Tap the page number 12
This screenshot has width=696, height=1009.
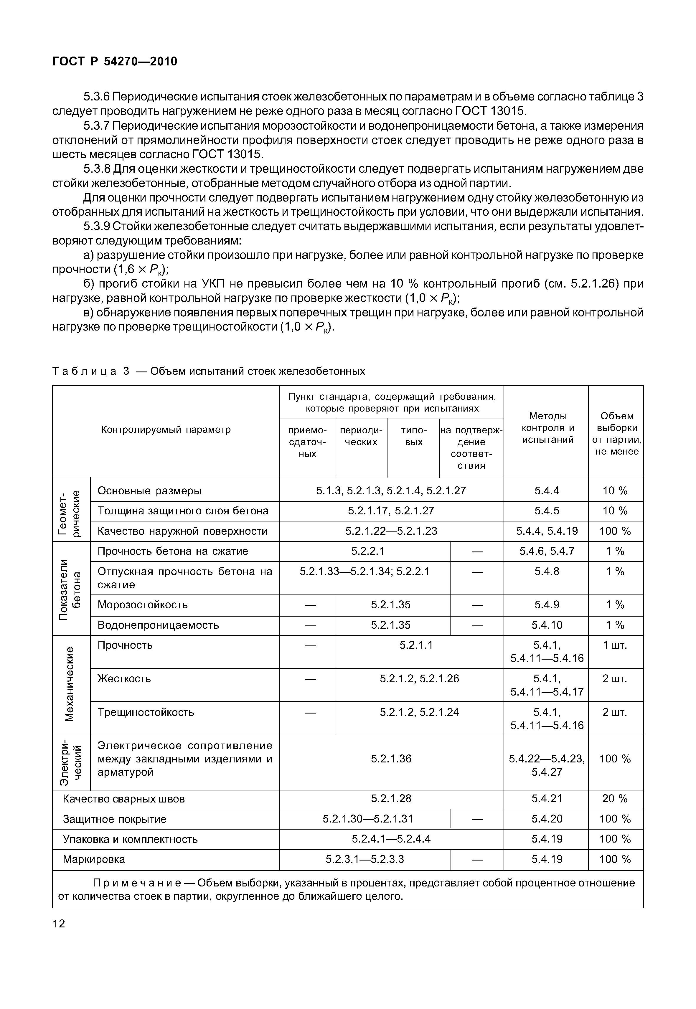[x=59, y=924]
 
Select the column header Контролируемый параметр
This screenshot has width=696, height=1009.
[x=166, y=430]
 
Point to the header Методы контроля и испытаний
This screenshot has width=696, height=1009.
[x=548, y=428]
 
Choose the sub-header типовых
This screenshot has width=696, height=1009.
[x=413, y=436]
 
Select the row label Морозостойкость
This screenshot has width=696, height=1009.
[x=143, y=605]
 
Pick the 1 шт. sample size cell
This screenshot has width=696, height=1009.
[x=615, y=645]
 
